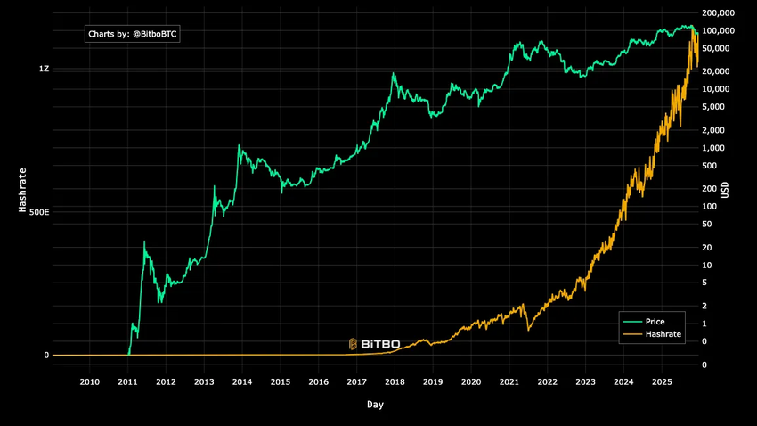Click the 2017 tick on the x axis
(x=356, y=382)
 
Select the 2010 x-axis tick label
(x=89, y=382)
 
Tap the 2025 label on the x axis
(x=661, y=382)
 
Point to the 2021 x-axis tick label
(x=509, y=382)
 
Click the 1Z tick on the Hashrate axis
(x=44, y=69)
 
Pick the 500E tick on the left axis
(x=37, y=212)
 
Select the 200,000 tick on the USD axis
(x=718, y=13)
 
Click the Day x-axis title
(x=375, y=405)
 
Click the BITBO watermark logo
(x=374, y=343)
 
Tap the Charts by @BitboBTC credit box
(x=133, y=35)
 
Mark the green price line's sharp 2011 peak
(x=144, y=242)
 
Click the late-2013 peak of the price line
(x=239, y=145)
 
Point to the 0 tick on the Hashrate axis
(x=46, y=356)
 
